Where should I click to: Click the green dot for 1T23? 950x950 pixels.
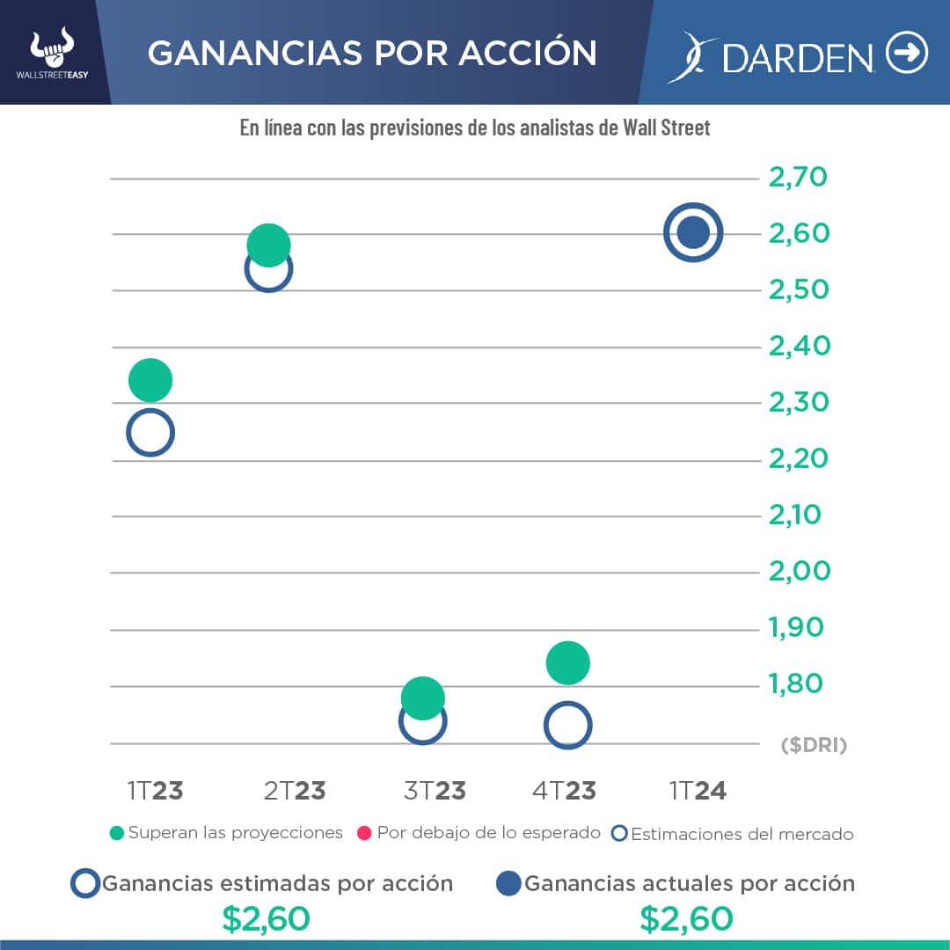pyautogui.click(x=150, y=380)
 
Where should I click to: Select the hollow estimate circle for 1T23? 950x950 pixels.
pyautogui.click(x=150, y=432)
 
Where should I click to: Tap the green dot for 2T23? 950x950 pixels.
pyautogui.click(x=268, y=245)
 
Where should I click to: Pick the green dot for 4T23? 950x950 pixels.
pyautogui.click(x=567, y=662)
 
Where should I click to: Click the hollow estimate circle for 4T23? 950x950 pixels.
pyautogui.click(x=567, y=725)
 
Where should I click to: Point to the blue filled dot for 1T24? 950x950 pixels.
pyautogui.click(x=693, y=233)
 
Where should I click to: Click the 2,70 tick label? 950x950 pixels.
pyautogui.click(x=798, y=178)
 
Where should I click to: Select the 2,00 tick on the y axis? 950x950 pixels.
pyautogui.click(x=799, y=571)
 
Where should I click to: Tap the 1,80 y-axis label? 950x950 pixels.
pyautogui.click(x=796, y=683)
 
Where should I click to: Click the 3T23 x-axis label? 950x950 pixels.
pyautogui.click(x=435, y=790)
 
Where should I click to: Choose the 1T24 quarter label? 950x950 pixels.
pyautogui.click(x=698, y=790)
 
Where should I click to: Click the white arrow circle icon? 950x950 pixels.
pyautogui.click(x=907, y=54)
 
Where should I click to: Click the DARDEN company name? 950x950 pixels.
pyautogui.click(x=797, y=57)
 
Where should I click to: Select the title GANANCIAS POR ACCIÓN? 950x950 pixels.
pyautogui.click(x=372, y=54)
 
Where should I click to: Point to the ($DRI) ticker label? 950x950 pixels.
pyautogui.click(x=814, y=746)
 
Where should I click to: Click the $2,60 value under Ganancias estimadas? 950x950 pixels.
pyautogui.click(x=266, y=919)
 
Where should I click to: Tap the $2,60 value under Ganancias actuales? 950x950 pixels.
pyautogui.click(x=686, y=919)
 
